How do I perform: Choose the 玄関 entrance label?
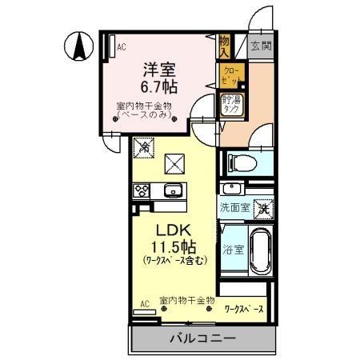click(x=259, y=46)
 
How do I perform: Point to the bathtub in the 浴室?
click(x=260, y=250)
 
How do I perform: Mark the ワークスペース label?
click(x=246, y=306)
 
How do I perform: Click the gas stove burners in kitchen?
click(x=141, y=191)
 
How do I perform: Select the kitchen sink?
click(x=173, y=191)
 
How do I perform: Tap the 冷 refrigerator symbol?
click(x=144, y=146)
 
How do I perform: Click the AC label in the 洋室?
click(x=122, y=47)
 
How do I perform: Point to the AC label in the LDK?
click(x=145, y=304)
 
